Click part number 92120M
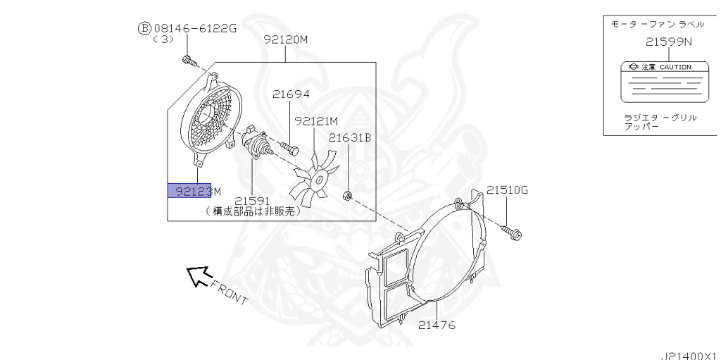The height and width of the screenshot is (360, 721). coord(286,39)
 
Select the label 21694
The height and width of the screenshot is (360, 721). coord(291,94)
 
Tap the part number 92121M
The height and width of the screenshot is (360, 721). coord(316,122)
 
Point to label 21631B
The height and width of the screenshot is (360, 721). coord(350,137)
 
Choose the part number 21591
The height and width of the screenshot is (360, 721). coord(252,201)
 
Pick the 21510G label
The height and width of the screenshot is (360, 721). coord(508,190)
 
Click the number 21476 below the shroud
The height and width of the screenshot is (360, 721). coord(437,325)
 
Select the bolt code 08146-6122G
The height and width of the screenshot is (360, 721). coord(195,29)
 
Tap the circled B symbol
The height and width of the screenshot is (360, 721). coord(144,29)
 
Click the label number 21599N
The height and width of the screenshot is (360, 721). coord(669,42)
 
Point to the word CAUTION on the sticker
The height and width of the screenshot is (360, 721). coord(675,67)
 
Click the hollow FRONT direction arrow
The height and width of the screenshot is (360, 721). coord(199,276)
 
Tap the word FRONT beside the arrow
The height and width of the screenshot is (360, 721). coord(229,293)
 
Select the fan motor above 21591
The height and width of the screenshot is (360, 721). coord(254,142)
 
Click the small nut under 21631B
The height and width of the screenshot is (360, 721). coord(348,197)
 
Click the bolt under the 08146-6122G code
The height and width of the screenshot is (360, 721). coord(189,61)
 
